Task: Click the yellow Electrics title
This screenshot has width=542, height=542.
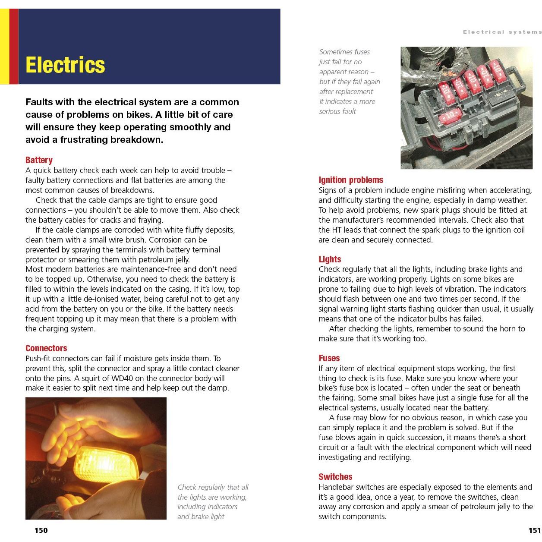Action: click(65, 65)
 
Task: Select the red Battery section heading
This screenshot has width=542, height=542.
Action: click(39, 160)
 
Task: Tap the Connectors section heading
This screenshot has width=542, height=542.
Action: click(46, 348)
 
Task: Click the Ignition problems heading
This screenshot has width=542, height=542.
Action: click(351, 180)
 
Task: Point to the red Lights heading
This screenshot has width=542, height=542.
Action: click(330, 259)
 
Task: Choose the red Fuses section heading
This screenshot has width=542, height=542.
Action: click(329, 358)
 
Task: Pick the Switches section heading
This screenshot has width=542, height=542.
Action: click(335, 477)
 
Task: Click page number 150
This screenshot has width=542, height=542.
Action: click(41, 530)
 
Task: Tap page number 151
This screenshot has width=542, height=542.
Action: click(534, 530)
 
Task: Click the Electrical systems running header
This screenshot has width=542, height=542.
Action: click(502, 32)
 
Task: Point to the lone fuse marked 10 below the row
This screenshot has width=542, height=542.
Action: click(450, 116)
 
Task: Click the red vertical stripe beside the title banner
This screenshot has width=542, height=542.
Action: click(14, 46)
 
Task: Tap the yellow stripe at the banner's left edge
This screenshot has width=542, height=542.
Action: click(4, 46)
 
